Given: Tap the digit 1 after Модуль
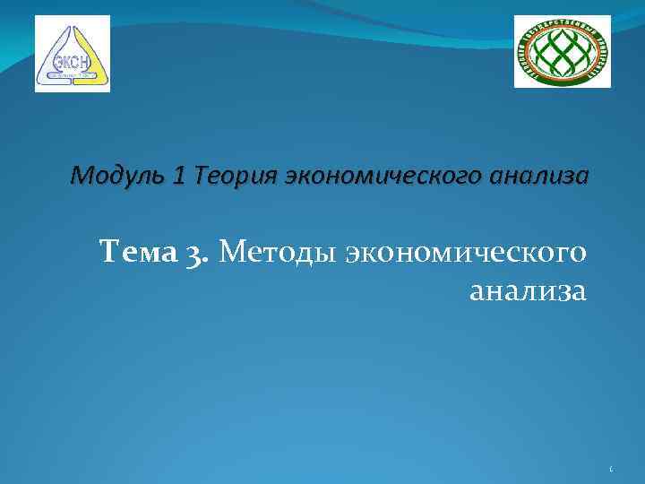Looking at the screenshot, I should [x=180, y=176].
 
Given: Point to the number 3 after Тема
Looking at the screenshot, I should [x=199, y=255].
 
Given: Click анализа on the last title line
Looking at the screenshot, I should [x=528, y=291].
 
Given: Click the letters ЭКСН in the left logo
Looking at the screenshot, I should [x=71, y=61].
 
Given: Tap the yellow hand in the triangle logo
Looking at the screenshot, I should [x=90, y=54].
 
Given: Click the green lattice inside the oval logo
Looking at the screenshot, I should [x=562, y=53].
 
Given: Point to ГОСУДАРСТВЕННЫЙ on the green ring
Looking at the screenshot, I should [x=562, y=24].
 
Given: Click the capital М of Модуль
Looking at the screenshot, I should [x=78, y=176].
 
